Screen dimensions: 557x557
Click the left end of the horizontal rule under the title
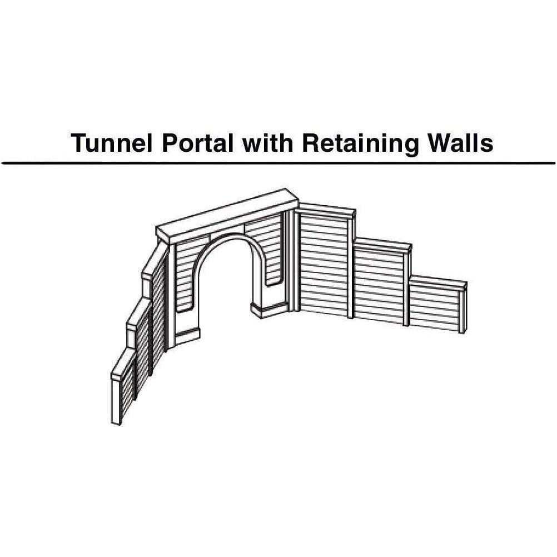click(x=2, y=163)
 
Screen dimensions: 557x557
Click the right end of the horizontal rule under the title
click(x=555, y=163)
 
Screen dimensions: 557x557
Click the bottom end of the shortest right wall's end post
click(x=462, y=332)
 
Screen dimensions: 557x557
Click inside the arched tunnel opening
click(x=227, y=284)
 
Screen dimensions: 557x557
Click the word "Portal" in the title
click(x=197, y=143)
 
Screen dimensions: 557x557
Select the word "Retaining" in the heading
click(x=360, y=144)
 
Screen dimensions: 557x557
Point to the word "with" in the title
click(x=268, y=143)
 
